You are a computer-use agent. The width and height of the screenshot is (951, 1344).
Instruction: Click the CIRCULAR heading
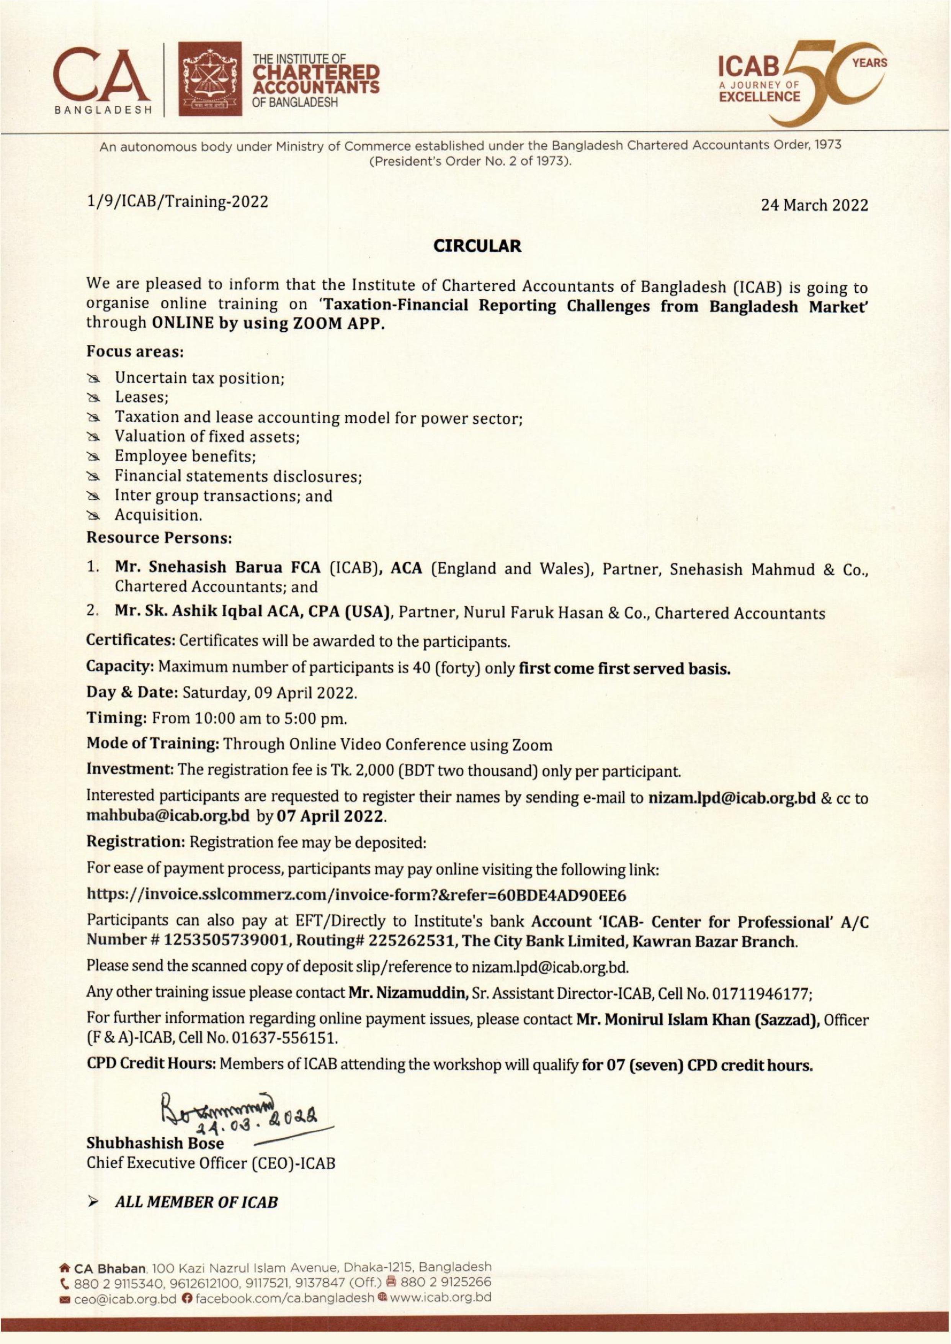click(x=477, y=246)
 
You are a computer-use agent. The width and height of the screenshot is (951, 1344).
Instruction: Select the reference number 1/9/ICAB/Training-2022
click(x=177, y=201)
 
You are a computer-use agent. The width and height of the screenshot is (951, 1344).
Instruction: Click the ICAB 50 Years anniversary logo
click(x=802, y=82)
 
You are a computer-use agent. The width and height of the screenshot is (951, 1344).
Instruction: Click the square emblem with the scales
click(x=210, y=79)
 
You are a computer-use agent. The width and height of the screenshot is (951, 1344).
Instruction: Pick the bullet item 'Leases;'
click(x=142, y=397)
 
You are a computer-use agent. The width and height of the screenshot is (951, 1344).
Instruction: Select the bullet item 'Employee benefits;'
click(x=185, y=456)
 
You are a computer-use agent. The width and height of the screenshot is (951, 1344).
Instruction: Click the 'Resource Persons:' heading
click(x=159, y=537)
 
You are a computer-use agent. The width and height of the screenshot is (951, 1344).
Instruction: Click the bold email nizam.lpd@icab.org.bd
click(x=732, y=798)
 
